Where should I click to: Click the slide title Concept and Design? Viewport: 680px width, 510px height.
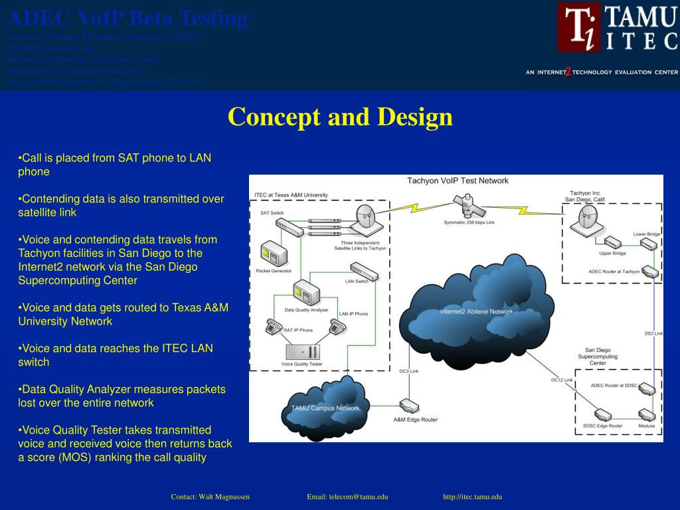(340, 117)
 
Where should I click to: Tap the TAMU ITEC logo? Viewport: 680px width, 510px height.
(617, 28)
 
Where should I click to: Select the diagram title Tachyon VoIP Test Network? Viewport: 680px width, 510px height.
(458, 181)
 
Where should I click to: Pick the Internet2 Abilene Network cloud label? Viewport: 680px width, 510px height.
(476, 311)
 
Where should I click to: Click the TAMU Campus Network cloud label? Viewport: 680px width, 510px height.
(325, 408)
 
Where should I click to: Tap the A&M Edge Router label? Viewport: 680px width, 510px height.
(415, 420)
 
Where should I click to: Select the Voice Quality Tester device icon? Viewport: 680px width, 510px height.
(301, 351)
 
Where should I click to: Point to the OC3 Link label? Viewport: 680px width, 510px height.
(408, 371)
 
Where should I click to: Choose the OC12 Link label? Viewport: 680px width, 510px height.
(561, 380)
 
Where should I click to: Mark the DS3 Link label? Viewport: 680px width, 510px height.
(653, 333)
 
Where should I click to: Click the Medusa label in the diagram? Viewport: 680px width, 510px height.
(646, 426)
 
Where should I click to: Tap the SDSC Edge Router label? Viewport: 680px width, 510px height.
(602, 426)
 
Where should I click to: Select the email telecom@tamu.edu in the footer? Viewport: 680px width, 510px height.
(347, 497)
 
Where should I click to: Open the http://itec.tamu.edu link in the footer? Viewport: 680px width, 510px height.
(472, 497)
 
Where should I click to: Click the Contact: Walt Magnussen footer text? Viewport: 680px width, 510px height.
(210, 497)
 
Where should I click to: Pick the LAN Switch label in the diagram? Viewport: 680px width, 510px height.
(357, 281)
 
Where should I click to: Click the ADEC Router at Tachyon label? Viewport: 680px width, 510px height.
(614, 271)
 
